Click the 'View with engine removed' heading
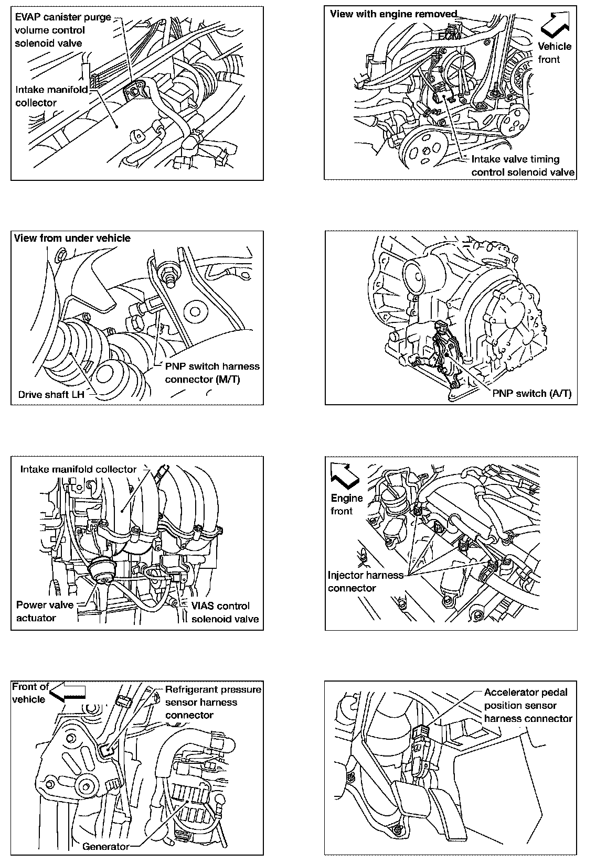click(x=393, y=14)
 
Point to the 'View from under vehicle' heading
click(x=72, y=238)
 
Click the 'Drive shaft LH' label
click(x=51, y=394)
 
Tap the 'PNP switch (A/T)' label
click(x=531, y=394)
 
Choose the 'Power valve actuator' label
click(x=45, y=611)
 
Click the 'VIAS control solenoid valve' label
click(x=225, y=612)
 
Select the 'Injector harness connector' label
click(x=365, y=581)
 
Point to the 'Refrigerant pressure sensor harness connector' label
click(x=213, y=702)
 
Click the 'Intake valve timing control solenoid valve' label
click(x=523, y=166)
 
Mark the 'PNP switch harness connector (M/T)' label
click(x=212, y=372)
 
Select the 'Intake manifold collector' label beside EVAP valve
click(x=51, y=96)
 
